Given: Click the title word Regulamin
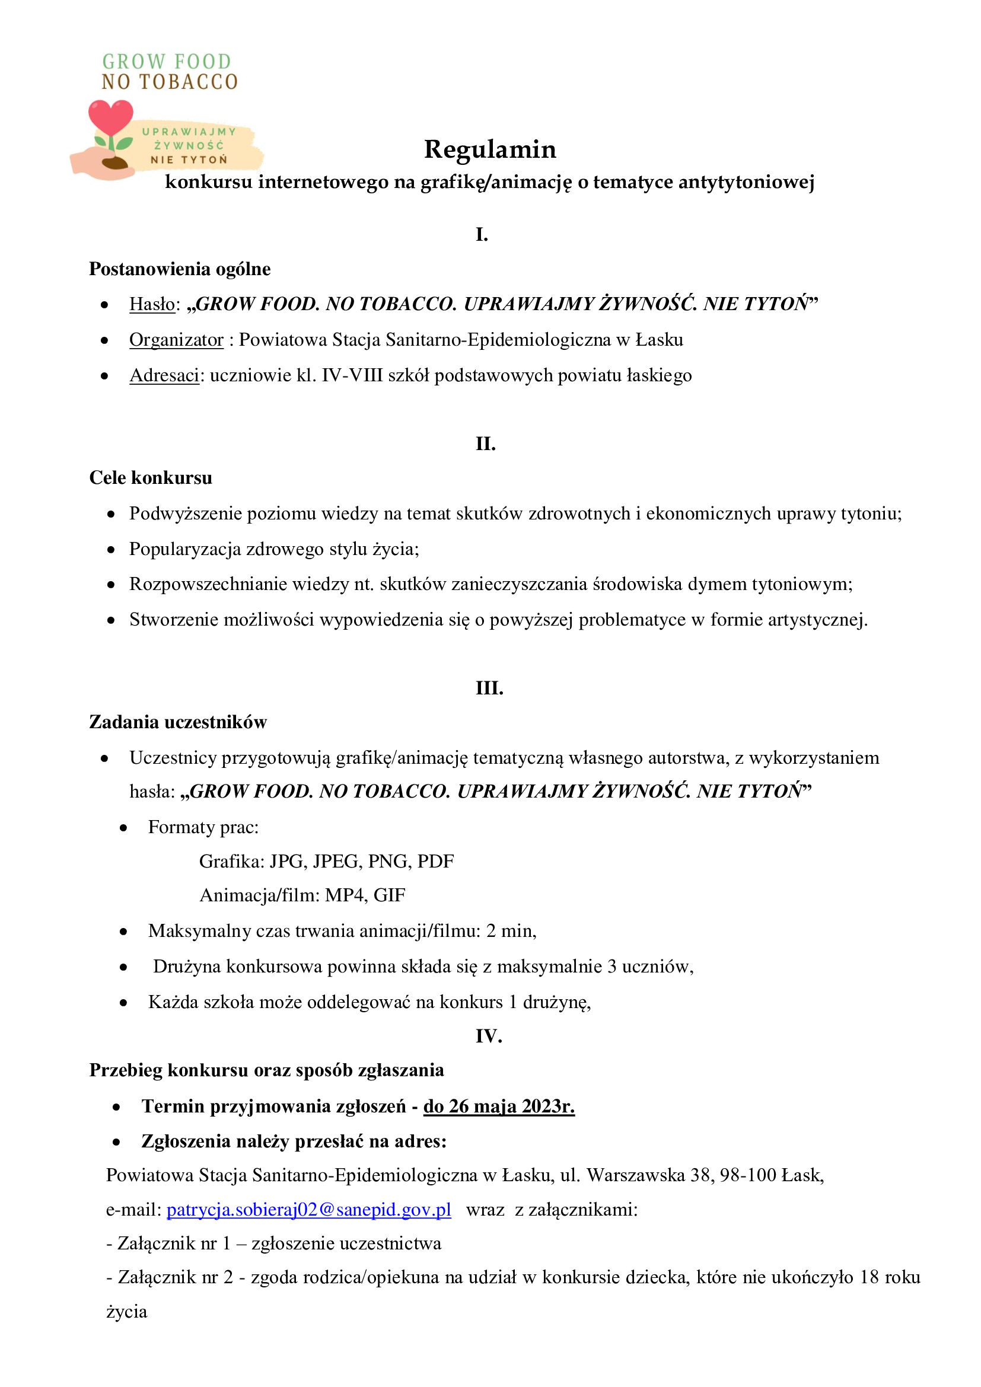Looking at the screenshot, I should pyautogui.click(x=489, y=149).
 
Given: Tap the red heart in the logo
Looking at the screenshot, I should pyautogui.click(x=110, y=118).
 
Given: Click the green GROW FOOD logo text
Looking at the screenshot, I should pyautogui.click(x=167, y=62).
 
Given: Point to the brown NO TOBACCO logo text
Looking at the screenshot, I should pyautogui.click(x=170, y=82).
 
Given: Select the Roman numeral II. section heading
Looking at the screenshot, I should pyautogui.click(x=486, y=444).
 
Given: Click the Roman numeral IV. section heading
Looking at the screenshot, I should pyautogui.click(x=489, y=1037).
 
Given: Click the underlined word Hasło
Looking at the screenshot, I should pyautogui.click(x=152, y=304).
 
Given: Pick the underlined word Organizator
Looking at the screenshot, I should pyautogui.click(x=176, y=340).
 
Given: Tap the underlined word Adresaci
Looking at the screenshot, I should pyautogui.click(x=164, y=375).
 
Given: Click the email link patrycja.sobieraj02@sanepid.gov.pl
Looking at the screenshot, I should pyautogui.click(x=308, y=1209).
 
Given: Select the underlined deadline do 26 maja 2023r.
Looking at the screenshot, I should pyautogui.click(x=499, y=1106).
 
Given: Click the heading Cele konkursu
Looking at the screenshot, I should pyautogui.click(x=151, y=478).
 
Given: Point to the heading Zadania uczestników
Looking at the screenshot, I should pyautogui.click(x=178, y=722).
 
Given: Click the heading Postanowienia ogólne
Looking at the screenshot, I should pyautogui.click(x=180, y=269).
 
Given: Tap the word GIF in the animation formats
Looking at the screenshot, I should pyautogui.click(x=389, y=895).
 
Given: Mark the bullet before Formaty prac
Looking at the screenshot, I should pyautogui.click(x=123, y=828).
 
